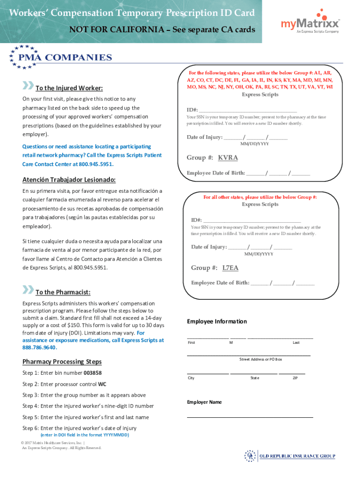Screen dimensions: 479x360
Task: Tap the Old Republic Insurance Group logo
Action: [290, 456]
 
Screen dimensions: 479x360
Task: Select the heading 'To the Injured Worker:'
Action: [69, 88]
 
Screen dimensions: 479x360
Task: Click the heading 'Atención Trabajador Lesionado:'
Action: [69, 180]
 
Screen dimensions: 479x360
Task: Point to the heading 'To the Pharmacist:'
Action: [63, 292]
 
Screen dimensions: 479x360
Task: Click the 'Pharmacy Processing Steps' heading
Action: [62, 362]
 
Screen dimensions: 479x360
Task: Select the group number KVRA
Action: [228, 158]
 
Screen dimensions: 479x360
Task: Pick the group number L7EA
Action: [230, 268]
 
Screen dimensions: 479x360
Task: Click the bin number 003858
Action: [92, 373]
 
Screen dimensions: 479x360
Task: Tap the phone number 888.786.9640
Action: [39, 348]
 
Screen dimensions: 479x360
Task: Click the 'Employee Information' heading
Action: [217, 321]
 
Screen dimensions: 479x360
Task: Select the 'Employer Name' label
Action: [204, 402]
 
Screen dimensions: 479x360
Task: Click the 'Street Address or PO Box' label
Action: [260, 359]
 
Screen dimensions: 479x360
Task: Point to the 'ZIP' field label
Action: [295, 378]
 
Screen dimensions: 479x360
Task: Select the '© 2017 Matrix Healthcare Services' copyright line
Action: [52, 443]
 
